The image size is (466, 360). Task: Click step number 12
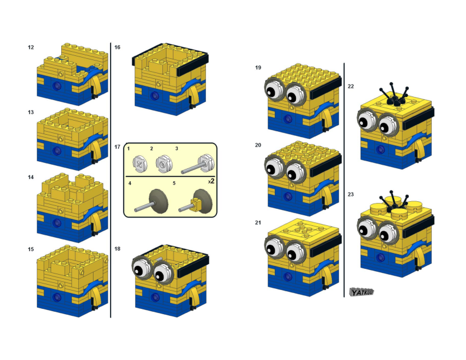[x=31, y=47]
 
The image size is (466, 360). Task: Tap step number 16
[x=118, y=47]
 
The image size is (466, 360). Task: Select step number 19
[x=258, y=68]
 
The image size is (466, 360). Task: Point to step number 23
[x=351, y=194]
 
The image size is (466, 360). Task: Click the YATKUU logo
[x=361, y=292]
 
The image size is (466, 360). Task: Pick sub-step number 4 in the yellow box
[x=130, y=183]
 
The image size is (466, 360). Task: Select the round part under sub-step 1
[x=140, y=162]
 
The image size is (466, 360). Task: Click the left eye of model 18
[x=141, y=269]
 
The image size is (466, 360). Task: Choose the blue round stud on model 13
[x=57, y=150]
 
